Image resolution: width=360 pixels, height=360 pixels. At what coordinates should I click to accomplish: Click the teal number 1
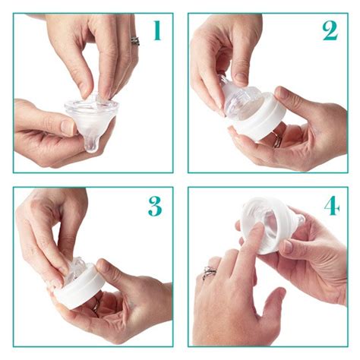pos(156,31)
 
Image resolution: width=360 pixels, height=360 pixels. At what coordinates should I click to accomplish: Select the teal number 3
pos(155,206)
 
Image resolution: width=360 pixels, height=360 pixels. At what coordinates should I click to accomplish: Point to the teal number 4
pos(331,206)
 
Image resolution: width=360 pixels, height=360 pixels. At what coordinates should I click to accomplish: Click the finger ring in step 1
pos(135,40)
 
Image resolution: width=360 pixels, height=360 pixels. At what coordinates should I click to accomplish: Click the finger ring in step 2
pos(278,141)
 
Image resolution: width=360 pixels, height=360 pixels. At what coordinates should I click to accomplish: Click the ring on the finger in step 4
pos(209,273)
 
